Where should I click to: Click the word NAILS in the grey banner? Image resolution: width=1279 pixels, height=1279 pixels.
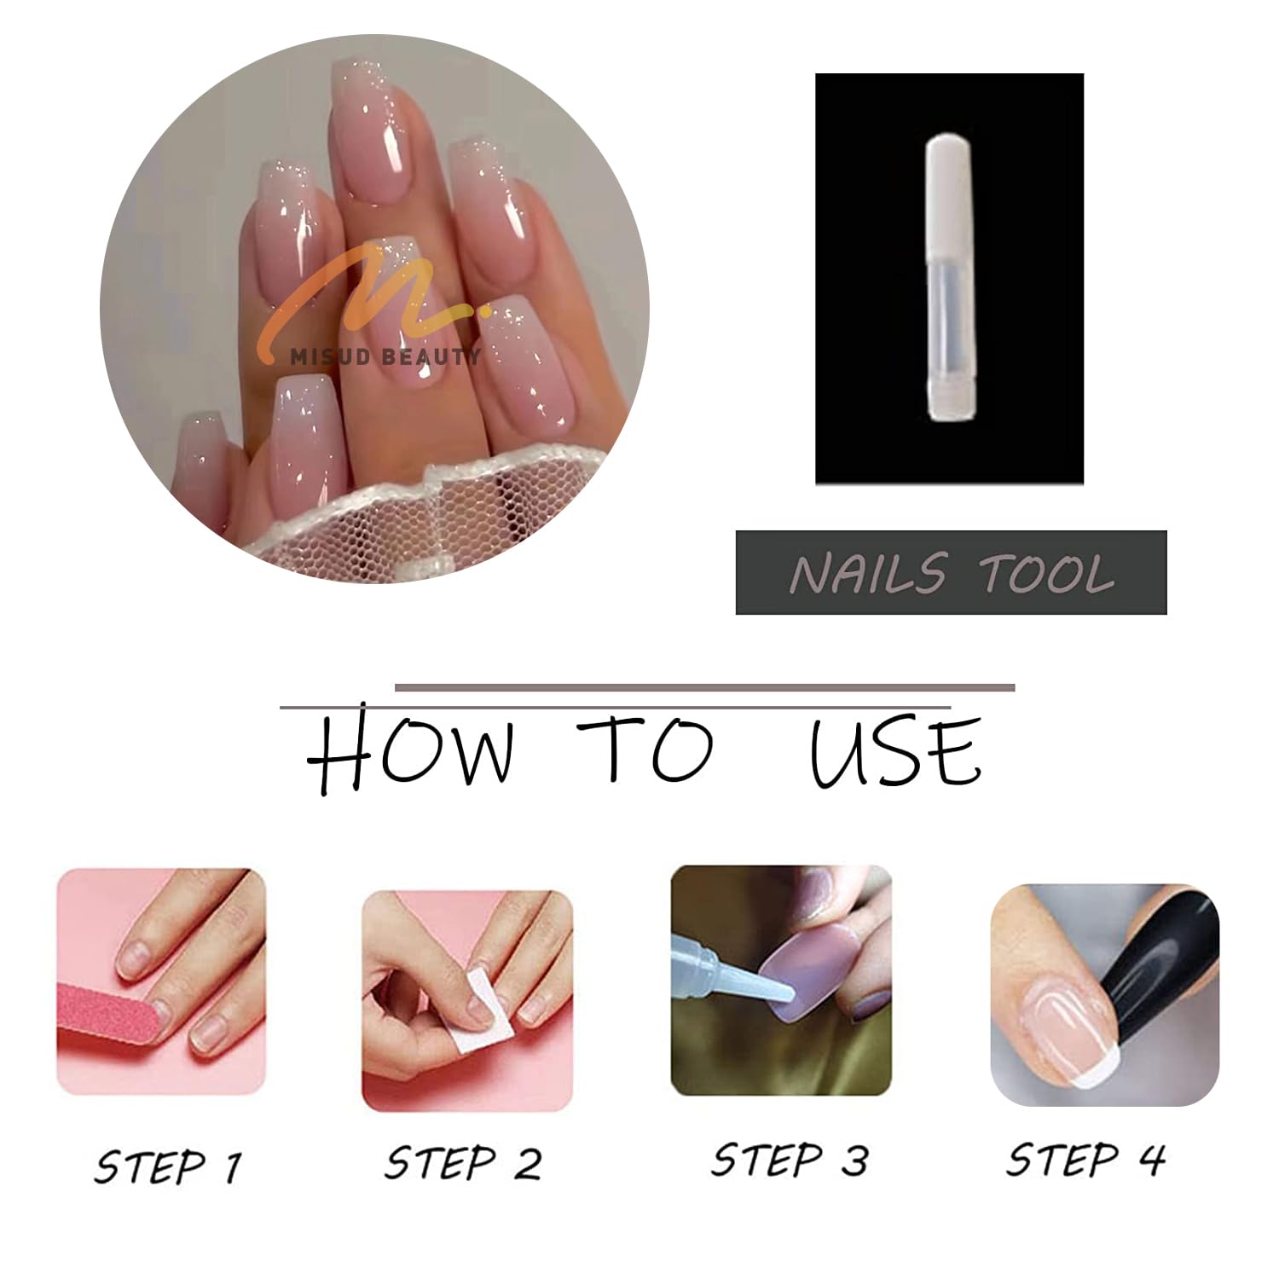(x=867, y=572)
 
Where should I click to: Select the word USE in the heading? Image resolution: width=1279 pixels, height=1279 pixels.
(x=895, y=750)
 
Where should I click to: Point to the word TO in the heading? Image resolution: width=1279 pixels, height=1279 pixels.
(x=645, y=749)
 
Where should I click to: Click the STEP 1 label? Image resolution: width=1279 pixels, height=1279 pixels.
(x=168, y=1166)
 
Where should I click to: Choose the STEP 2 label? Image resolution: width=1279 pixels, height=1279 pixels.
(x=463, y=1163)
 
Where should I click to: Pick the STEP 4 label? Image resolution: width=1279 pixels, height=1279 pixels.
(x=1085, y=1160)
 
